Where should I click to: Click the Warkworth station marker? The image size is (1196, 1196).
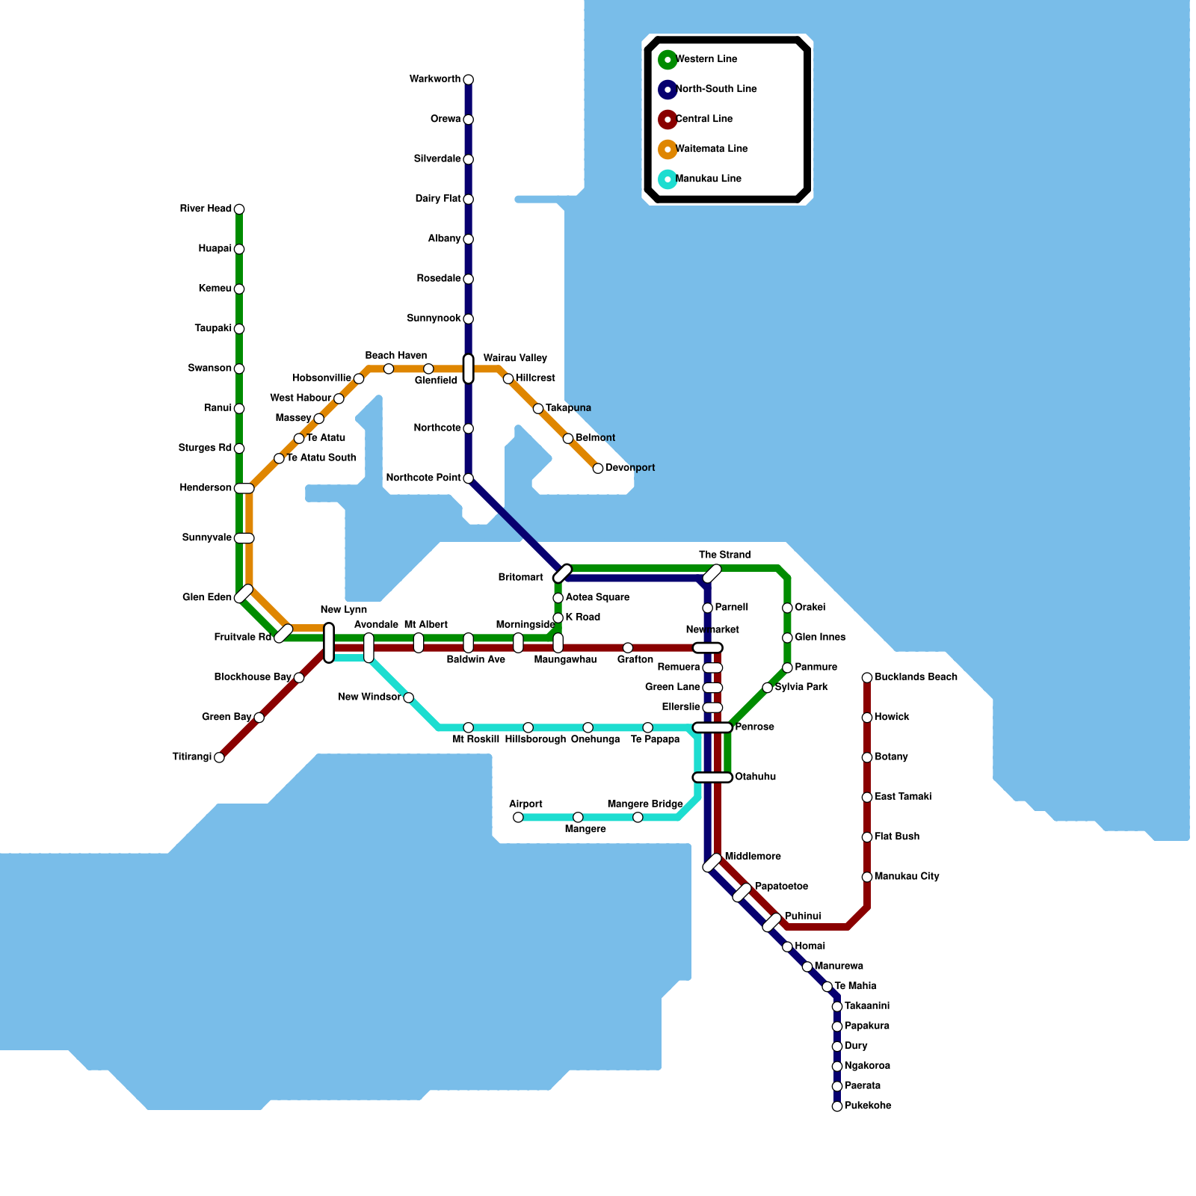pos(468,80)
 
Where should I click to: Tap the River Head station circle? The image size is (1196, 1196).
pos(239,209)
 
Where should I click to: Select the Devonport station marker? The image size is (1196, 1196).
pos(598,469)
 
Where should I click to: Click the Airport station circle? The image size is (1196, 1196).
pos(518,818)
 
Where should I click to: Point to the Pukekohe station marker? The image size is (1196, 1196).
pos(837,1106)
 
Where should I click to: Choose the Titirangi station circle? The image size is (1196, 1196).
pos(219,758)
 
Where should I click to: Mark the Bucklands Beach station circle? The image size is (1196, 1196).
pos(867,678)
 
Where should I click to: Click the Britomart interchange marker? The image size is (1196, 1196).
pos(562,573)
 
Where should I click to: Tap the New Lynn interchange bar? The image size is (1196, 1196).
pos(329,643)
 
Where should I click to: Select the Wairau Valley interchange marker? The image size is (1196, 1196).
pos(468,369)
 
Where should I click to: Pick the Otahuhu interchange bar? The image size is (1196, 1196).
pos(712,777)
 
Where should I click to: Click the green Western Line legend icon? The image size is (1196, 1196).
pos(668,60)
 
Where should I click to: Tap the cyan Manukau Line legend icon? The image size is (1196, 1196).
pos(668,179)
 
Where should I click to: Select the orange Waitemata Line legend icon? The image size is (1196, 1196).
pos(668,149)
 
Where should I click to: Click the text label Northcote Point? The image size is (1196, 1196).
pos(423,478)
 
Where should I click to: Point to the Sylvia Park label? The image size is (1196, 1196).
pos(801,688)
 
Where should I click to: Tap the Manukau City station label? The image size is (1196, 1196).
pos(906,877)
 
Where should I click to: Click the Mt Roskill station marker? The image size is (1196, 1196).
pos(468,728)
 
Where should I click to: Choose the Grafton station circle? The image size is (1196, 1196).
pos(628,648)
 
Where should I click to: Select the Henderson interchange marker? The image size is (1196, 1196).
pos(244,489)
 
